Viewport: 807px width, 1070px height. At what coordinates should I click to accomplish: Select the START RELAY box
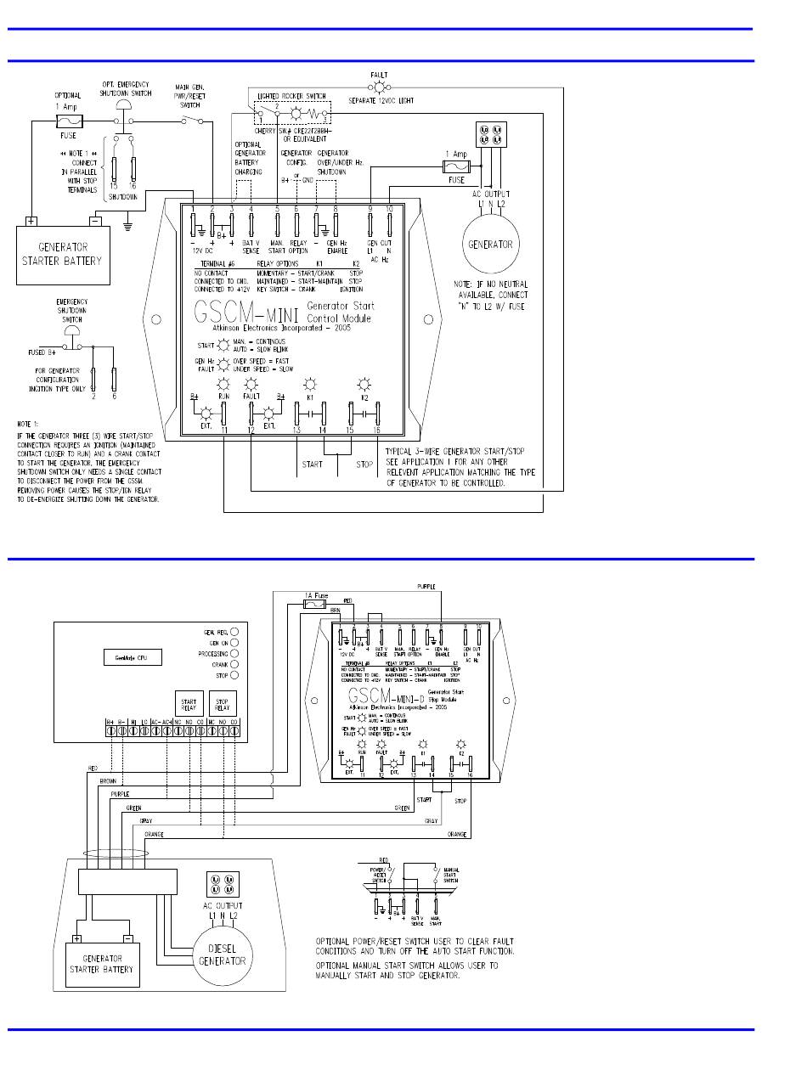click(x=189, y=705)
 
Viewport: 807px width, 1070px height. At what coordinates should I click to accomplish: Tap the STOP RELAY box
click(x=222, y=705)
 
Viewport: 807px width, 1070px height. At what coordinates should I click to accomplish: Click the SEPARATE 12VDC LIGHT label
click(x=387, y=99)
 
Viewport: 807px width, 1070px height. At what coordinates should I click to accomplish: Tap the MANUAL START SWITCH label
click(x=451, y=874)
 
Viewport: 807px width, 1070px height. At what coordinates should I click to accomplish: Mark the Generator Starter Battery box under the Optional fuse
click(x=60, y=254)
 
